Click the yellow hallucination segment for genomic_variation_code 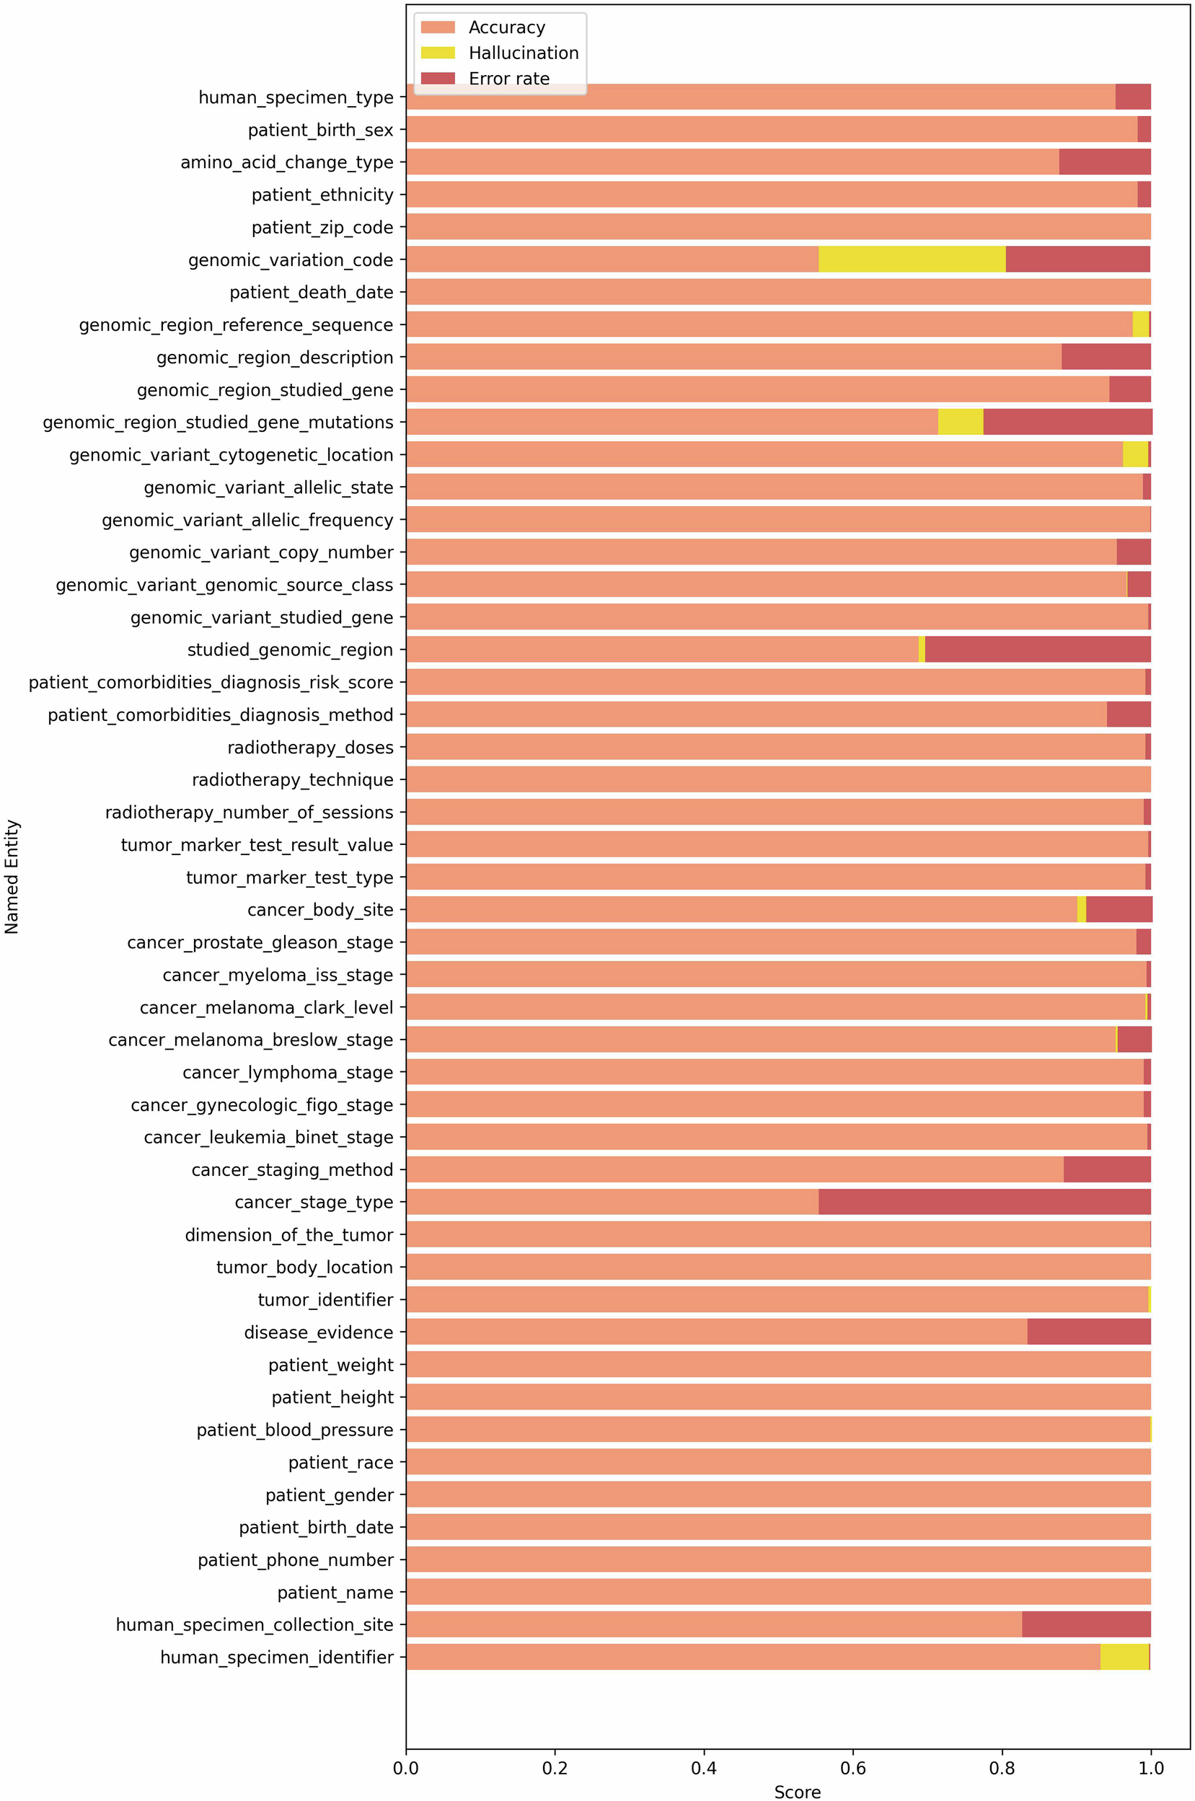[x=912, y=259]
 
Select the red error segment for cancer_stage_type [x=984, y=1201]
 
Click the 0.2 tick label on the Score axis [x=555, y=1768]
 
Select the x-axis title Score [x=797, y=1792]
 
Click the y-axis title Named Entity [x=12, y=876]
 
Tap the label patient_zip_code [x=322, y=227]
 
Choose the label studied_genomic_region [x=291, y=650]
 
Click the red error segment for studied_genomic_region [x=1037, y=650]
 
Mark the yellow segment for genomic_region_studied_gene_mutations [x=961, y=422]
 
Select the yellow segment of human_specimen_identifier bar [x=1124, y=1657]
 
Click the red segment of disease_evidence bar [x=1088, y=1332]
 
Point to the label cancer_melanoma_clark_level [x=267, y=1007]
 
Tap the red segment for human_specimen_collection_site [x=1086, y=1624]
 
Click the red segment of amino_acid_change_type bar [x=1104, y=161]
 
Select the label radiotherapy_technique [x=293, y=779]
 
